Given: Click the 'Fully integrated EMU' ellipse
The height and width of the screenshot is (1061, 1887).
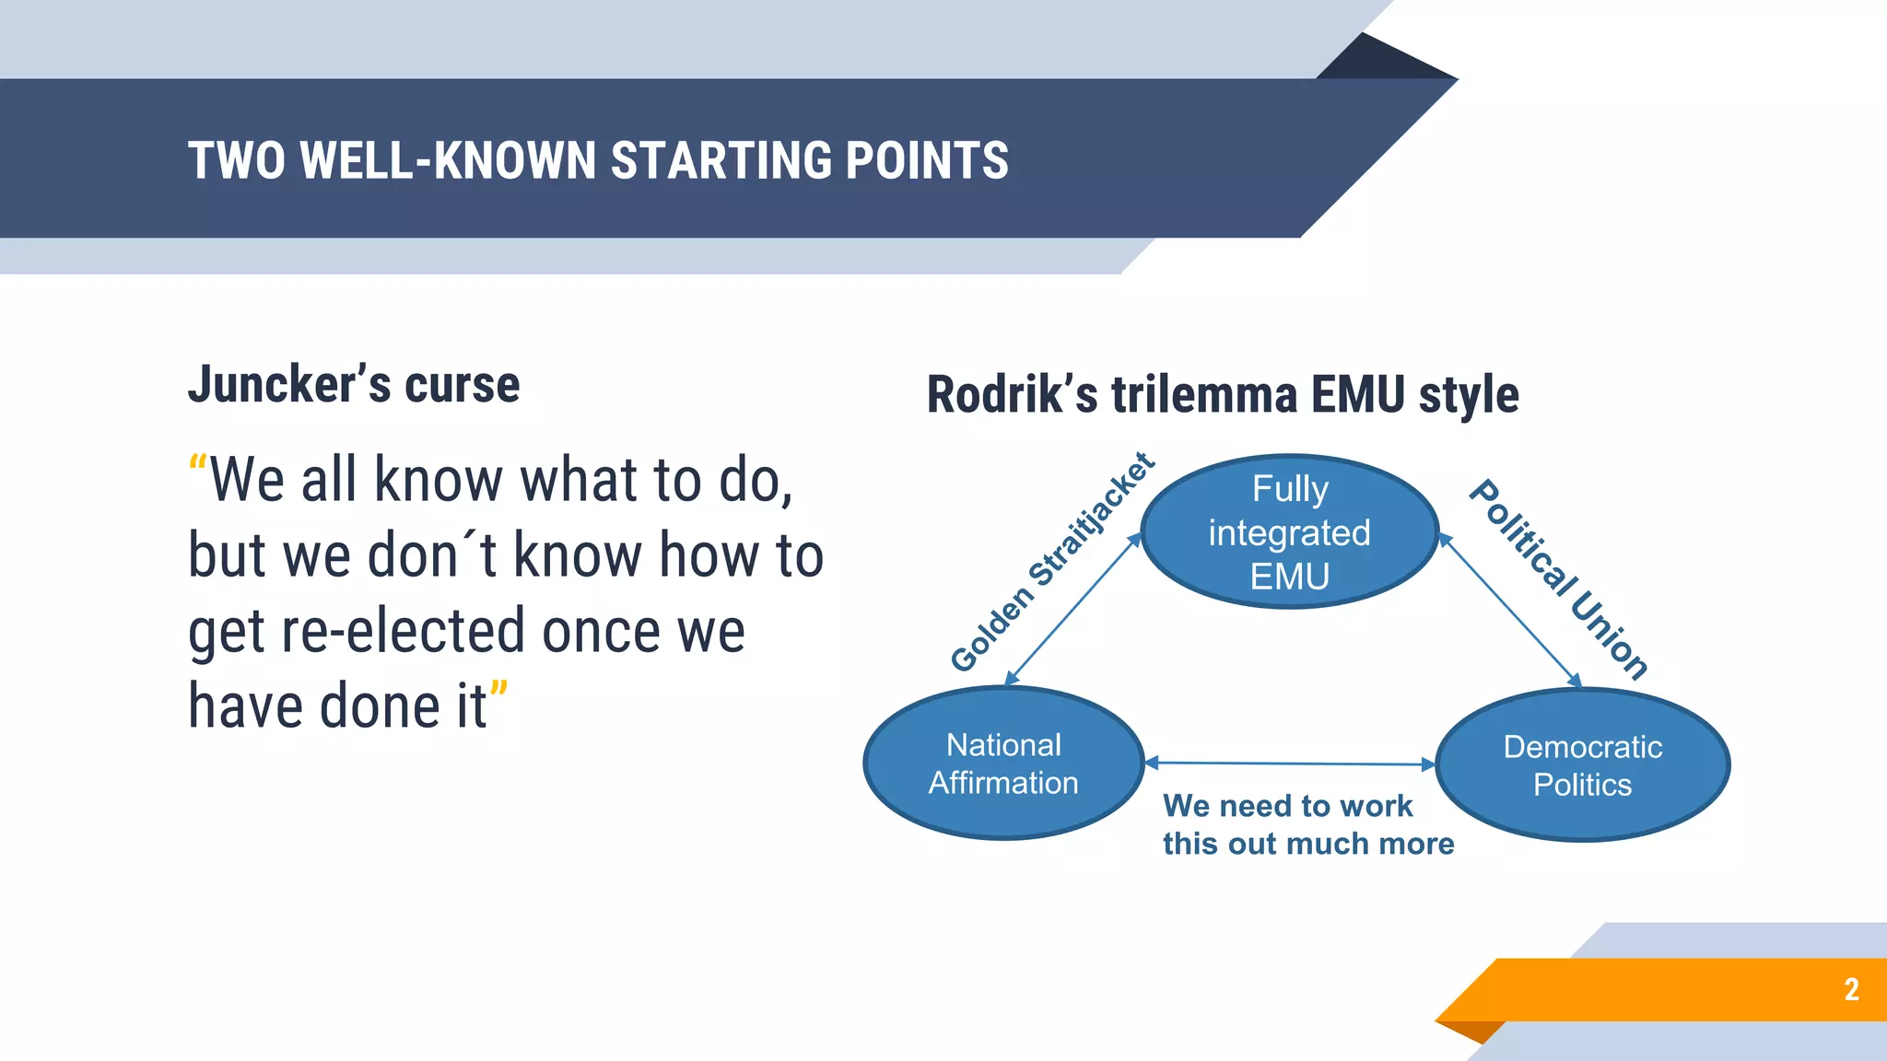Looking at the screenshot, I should [1289, 531].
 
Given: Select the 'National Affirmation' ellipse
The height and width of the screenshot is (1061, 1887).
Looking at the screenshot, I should [1003, 763].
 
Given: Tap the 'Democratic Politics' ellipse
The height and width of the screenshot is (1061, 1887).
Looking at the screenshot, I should [1582, 764].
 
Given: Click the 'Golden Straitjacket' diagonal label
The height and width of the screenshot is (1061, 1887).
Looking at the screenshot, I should [1052, 562].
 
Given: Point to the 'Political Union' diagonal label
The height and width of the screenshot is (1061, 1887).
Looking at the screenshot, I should [1558, 579].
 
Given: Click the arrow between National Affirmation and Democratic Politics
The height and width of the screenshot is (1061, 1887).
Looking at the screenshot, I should [1290, 764].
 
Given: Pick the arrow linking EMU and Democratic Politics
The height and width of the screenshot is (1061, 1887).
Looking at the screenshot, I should [1511, 612].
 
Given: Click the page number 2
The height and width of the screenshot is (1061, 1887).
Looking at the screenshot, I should [1851, 989].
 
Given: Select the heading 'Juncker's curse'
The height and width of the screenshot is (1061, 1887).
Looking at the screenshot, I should [354, 384].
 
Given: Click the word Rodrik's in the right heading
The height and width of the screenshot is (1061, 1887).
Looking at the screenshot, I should [1012, 395].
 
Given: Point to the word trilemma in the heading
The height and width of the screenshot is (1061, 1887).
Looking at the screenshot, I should [1204, 395].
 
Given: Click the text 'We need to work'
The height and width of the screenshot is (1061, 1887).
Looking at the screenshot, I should [1287, 806].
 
